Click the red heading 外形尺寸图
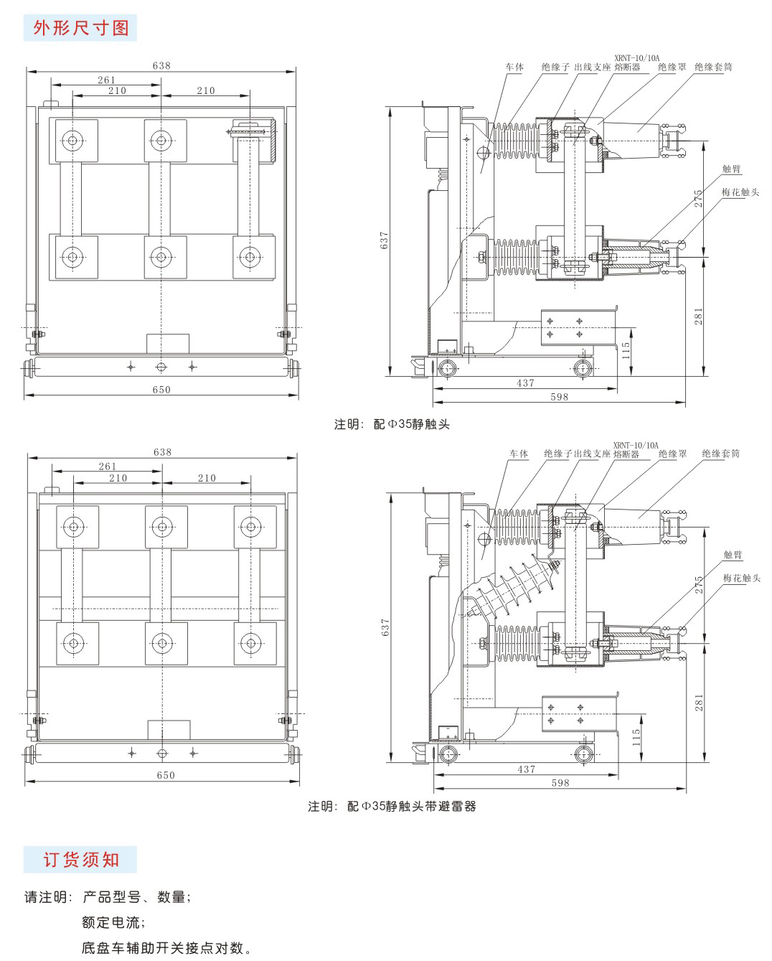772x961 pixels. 80,27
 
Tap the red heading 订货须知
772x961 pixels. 80,859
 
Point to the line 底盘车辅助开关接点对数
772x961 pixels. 166,948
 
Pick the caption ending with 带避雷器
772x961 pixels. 392,806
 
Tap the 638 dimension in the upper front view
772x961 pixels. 161,65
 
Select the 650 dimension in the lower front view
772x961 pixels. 165,774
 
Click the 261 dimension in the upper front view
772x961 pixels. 106,80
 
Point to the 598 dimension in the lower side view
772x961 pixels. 560,782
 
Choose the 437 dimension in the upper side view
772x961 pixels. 526,383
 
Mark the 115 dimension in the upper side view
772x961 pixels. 626,350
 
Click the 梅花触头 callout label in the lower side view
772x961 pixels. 741,578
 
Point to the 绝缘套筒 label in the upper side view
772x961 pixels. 713,67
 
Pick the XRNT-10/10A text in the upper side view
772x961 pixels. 636,57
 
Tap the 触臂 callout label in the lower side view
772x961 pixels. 733,555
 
